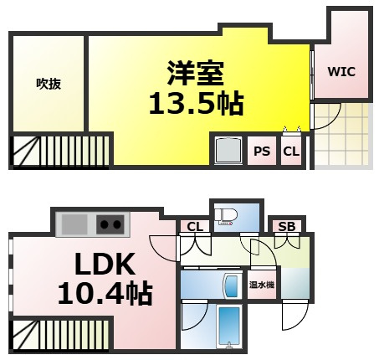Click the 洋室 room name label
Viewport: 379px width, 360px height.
196,73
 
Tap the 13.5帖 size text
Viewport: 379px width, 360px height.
197,104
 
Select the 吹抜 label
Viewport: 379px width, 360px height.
49,84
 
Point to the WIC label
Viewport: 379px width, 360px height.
341,72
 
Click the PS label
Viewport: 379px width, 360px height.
262,152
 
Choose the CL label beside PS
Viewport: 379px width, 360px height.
291,152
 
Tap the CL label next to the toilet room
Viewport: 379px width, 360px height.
195,227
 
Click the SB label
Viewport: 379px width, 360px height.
287,227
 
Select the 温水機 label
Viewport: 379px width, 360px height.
262,285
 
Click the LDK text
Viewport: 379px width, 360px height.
105,264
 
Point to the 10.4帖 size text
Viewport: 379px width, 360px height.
105,294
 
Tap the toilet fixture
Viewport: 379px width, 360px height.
228,217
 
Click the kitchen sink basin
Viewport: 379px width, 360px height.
74,224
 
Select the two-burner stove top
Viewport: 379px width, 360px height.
110,224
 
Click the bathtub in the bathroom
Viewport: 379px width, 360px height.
229,327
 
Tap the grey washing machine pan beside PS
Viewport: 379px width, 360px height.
228,151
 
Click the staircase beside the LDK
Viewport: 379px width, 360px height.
61,335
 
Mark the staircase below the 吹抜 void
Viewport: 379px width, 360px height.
61,151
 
